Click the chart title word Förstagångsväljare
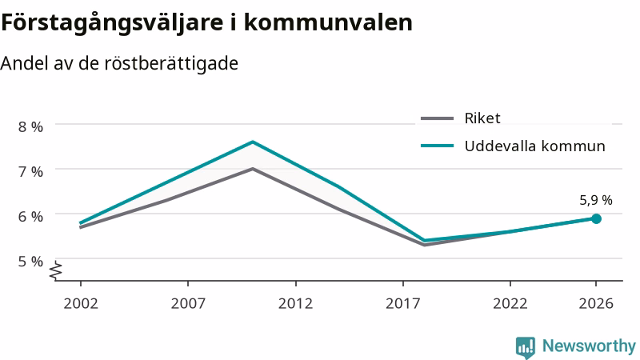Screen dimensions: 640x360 [x=112, y=23]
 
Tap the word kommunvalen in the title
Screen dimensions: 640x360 [x=328, y=22]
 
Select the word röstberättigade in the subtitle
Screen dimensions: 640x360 [x=171, y=64]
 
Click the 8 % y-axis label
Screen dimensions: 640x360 [x=30, y=127]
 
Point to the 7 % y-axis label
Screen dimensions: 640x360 [x=30, y=172]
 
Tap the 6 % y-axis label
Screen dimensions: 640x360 [x=30, y=217]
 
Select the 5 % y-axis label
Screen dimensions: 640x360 [x=30, y=262]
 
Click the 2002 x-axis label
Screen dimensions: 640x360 [x=81, y=304]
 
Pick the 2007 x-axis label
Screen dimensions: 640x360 [x=188, y=304]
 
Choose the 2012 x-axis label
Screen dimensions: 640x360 [x=295, y=304]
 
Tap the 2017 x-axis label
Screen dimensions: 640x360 [x=403, y=304]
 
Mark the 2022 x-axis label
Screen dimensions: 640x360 [x=510, y=304]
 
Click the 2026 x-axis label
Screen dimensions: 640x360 [x=596, y=304]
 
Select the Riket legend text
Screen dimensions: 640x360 [x=482, y=118]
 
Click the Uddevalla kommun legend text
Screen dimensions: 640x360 [x=534, y=146]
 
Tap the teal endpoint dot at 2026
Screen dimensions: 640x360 [x=596, y=218]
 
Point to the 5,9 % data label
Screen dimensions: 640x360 [x=596, y=201]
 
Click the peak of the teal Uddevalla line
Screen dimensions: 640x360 [x=253, y=142]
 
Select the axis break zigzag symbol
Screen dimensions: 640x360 [x=56, y=270]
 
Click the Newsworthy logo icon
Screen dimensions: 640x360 [x=526, y=347]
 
